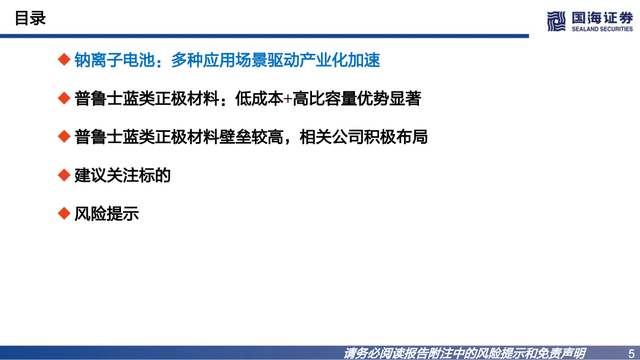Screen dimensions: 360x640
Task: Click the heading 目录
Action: (x=30, y=19)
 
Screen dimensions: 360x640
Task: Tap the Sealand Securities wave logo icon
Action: (x=557, y=21)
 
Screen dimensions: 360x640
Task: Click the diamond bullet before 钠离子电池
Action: (x=64, y=60)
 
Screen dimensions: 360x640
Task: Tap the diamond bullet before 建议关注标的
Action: (x=64, y=175)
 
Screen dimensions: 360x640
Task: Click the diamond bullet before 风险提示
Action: (x=64, y=214)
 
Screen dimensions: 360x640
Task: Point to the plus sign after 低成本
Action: (x=288, y=99)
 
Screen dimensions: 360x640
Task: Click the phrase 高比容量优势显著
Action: (x=356, y=99)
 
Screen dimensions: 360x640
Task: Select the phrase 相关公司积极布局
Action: (x=363, y=137)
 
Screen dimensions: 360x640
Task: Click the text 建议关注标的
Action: (x=123, y=175)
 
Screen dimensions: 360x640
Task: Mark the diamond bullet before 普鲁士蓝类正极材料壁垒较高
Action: (x=64, y=137)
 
